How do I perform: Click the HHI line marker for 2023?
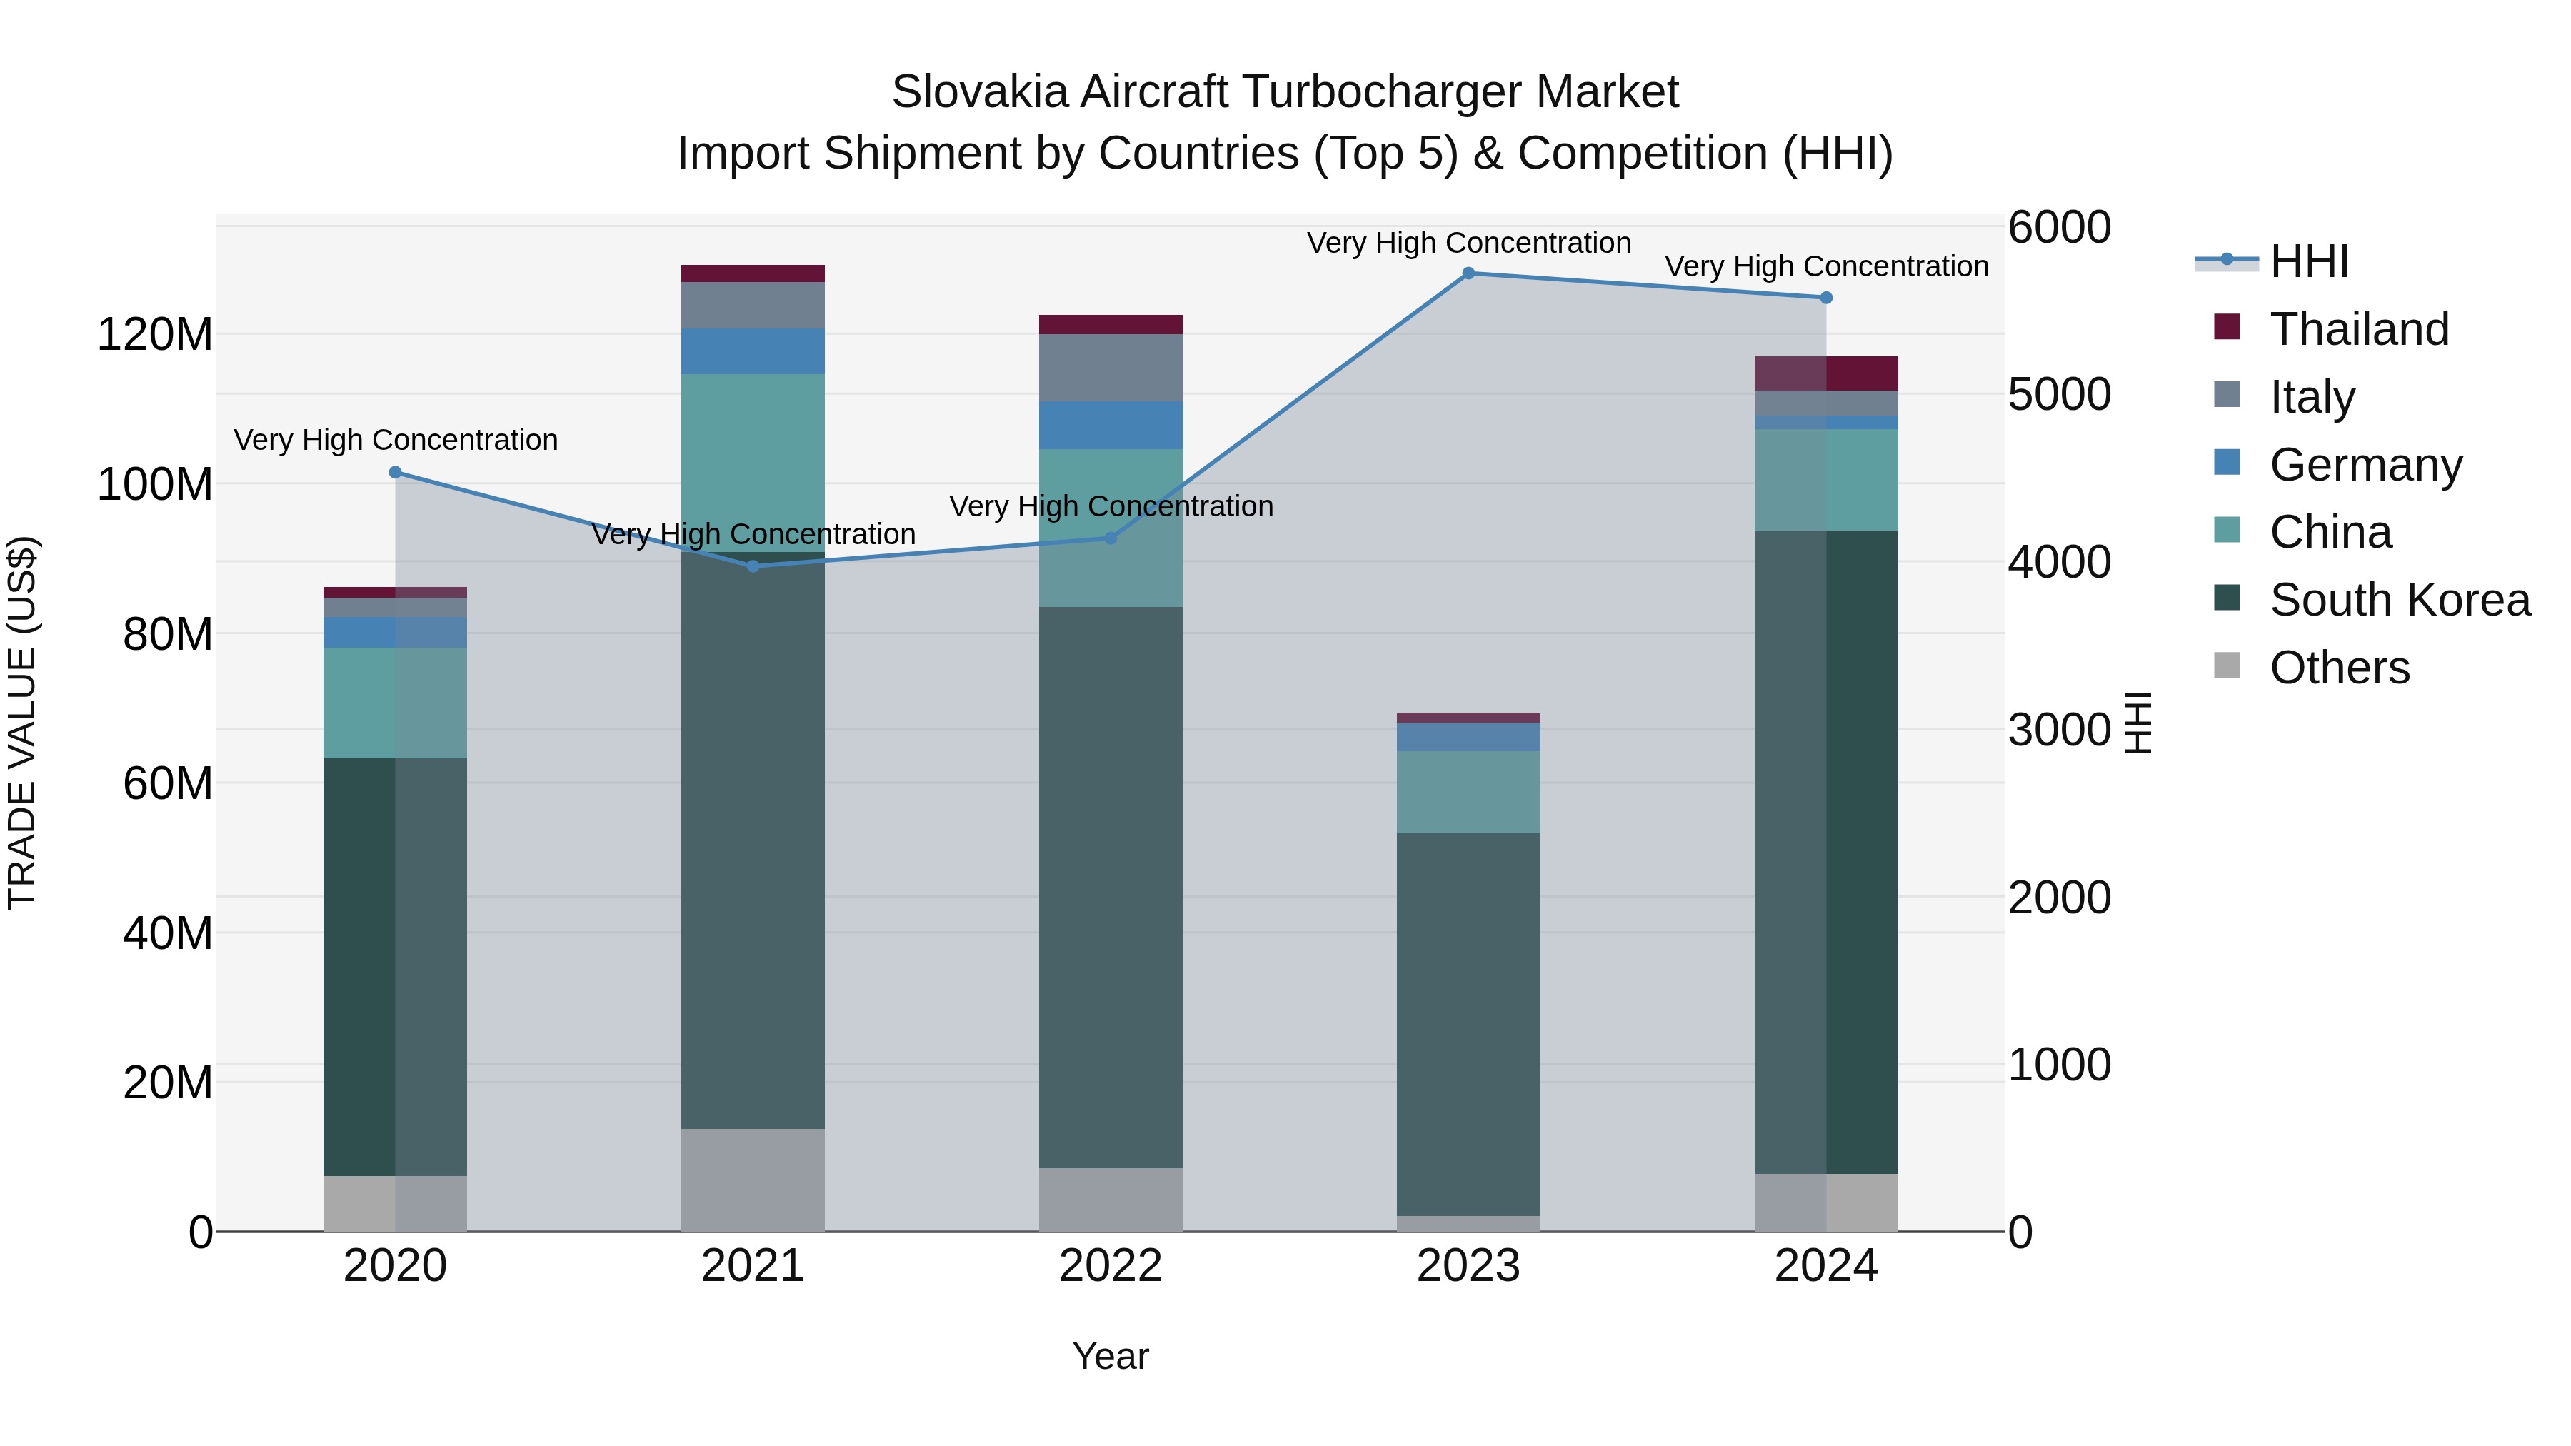[x=1468, y=273]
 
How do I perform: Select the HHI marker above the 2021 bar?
[x=753, y=566]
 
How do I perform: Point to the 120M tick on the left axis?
[x=155, y=334]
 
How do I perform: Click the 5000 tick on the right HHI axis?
[x=2059, y=394]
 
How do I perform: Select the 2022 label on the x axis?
[x=1110, y=1266]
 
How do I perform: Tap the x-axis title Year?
[x=1110, y=1356]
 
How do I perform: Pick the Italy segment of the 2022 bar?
[x=1110, y=367]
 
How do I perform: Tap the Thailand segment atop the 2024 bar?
[x=1826, y=373]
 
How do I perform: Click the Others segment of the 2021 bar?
[x=753, y=1180]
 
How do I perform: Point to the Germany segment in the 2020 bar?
[x=395, y=632]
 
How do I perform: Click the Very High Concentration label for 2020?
[x=395, y=440]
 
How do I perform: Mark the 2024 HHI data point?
[x=1826, y=297]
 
